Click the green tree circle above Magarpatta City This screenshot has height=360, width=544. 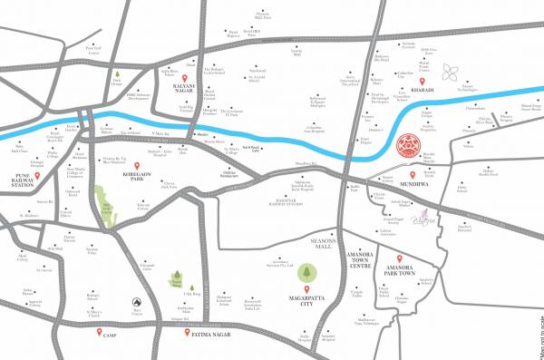306,272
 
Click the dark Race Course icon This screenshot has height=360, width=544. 135,301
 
